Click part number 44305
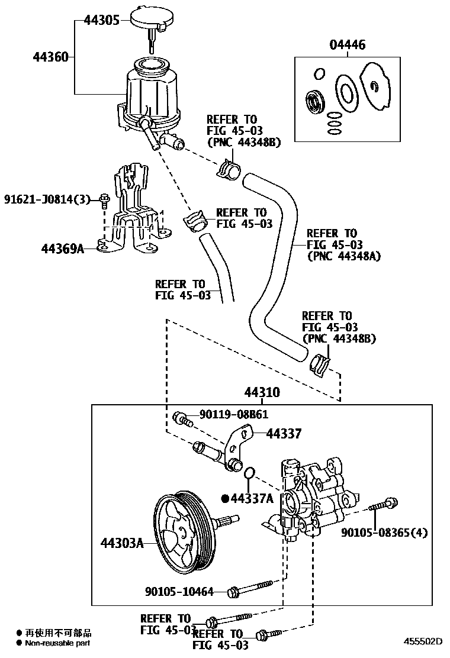pos(101,20)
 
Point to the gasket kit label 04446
pos(348,45)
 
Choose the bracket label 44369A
pos(62,249)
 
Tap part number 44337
pos(284,434)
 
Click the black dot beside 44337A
pos(225,498)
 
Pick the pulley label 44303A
pos(122,542)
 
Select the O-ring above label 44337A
pos(249,473)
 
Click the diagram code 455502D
pos(423,641)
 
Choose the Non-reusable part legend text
pos(57,643)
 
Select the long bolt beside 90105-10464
pos(255,587)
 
